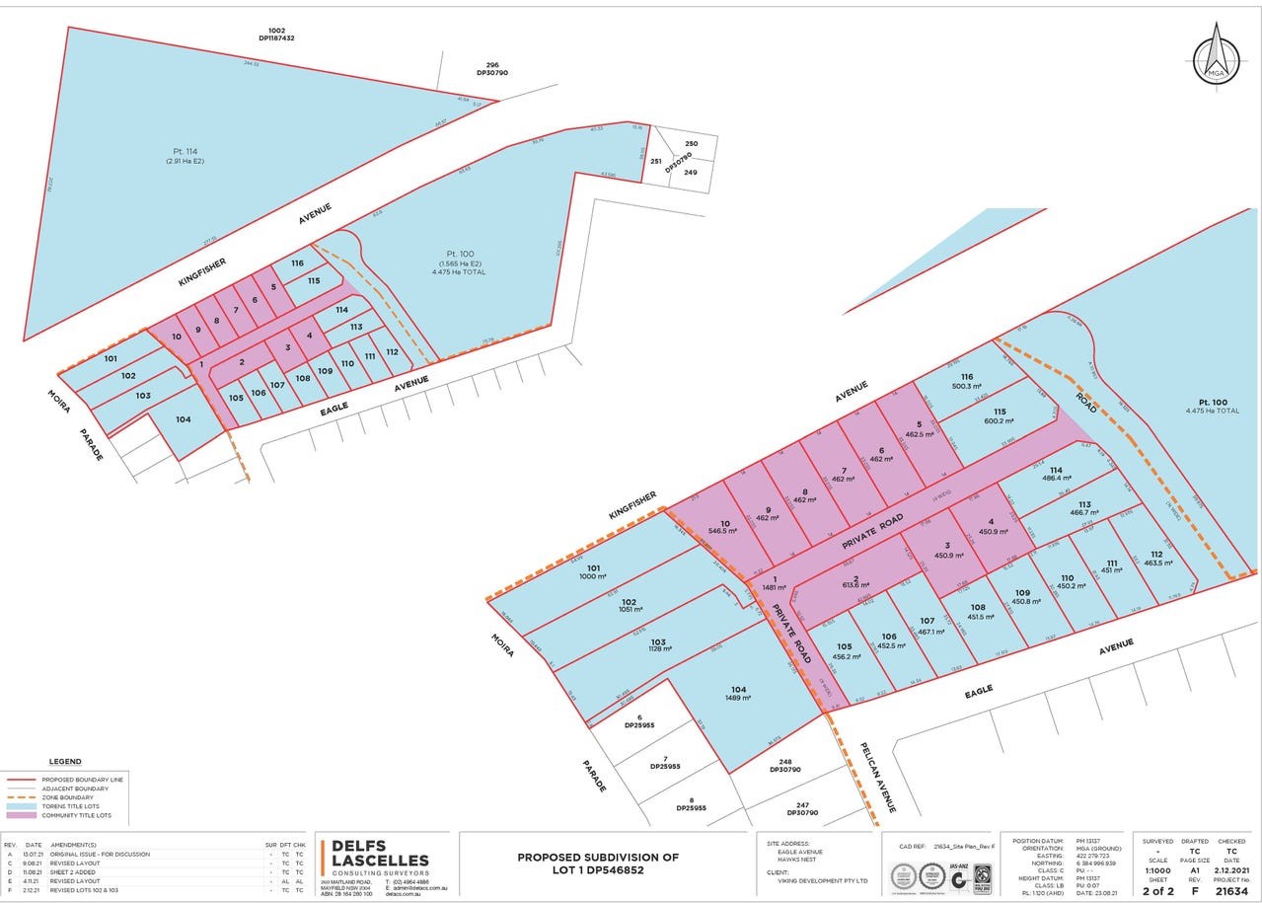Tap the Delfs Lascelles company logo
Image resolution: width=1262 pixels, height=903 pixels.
pos(376,860)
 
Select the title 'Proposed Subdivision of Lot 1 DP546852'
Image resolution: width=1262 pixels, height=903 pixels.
pos(598,864)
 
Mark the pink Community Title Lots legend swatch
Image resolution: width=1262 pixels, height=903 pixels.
pos(21,815)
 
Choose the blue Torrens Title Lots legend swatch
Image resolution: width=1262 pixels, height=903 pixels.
pos(21,806)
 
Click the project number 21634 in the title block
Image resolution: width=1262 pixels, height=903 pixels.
pos(1231,891)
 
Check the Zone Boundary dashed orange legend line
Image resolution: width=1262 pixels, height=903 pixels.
pos(21,797)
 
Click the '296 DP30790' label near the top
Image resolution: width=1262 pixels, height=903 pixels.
pos(491,69)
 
